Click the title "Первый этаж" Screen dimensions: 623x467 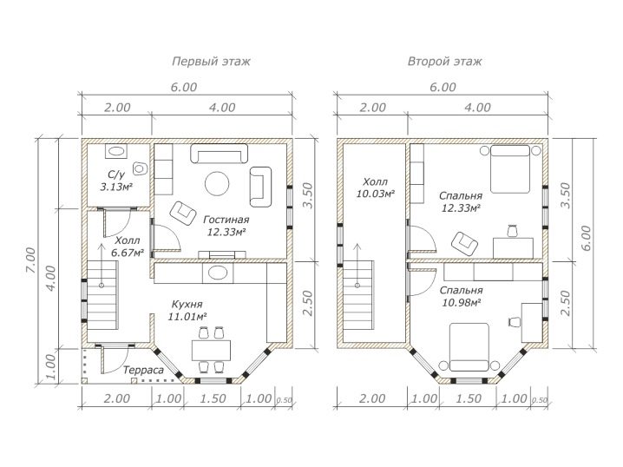point(211,62)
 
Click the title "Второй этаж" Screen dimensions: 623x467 point(444,62)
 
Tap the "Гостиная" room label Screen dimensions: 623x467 point(226,220)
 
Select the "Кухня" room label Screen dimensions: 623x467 point(187,305)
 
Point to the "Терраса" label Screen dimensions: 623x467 point(143,371)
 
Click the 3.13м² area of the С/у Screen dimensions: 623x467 point(116,187)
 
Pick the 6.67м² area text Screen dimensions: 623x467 point(128,253)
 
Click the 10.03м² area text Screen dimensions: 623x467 point(376,194)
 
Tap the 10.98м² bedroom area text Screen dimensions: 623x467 point(462,302)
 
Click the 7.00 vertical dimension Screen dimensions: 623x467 point(30,260)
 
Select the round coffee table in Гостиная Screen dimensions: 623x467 point(217,183)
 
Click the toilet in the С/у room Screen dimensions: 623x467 point(140,168)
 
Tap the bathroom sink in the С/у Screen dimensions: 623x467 point(116,151)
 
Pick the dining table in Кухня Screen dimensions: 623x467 point(212,350)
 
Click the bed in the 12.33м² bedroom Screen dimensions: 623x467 point(510,169)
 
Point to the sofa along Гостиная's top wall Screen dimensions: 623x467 point(219,154)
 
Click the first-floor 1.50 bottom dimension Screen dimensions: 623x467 point(213,398)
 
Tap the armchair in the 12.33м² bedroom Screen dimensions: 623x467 point(464,243)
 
